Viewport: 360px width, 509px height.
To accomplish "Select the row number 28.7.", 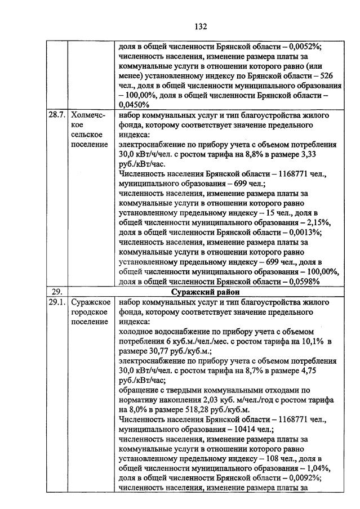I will click(x=56, y=115).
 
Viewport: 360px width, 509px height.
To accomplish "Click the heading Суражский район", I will click(x=205, y=292).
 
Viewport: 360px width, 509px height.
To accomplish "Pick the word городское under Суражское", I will click(x=90, y=312).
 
